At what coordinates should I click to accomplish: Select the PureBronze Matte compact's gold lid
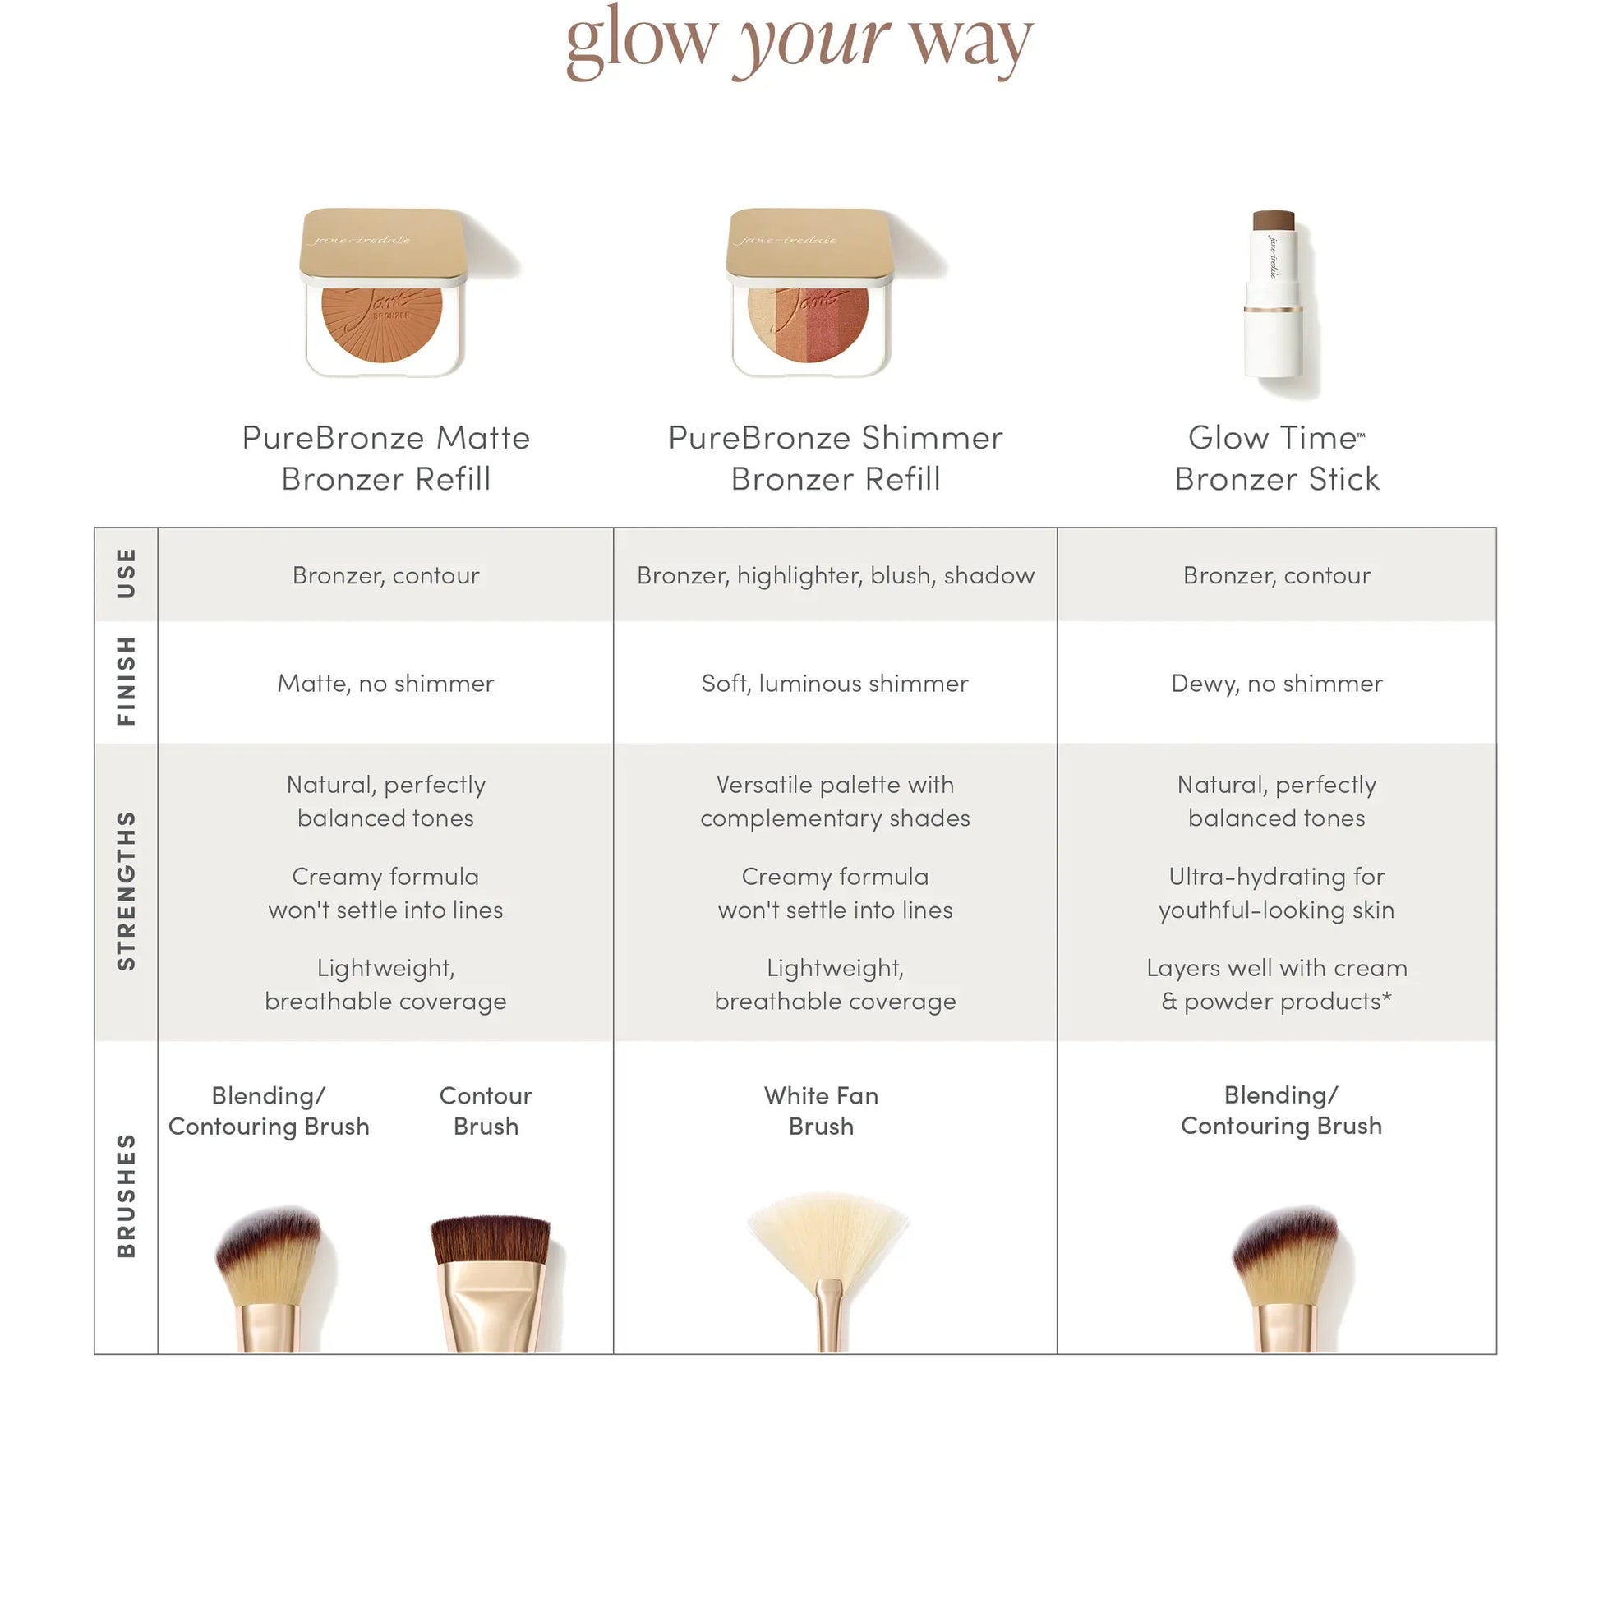click(381, 244)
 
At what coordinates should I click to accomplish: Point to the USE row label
click(126, 574)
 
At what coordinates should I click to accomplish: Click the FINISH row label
click(126, 681)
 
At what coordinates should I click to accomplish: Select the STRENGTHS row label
click(126, 891)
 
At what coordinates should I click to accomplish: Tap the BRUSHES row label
click(126, 1195)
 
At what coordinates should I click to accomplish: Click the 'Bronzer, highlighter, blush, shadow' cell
click(835, 575)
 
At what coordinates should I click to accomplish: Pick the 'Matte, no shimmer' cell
click(385, 683)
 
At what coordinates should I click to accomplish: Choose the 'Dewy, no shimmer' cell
click(1276, 683)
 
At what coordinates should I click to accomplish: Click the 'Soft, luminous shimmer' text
click(834, 683)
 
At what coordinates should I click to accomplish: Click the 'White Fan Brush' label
click(821, 1111)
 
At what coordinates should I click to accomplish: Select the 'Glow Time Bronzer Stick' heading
click(1276, 458)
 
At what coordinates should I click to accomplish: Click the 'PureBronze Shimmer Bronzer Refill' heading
click(835, 458)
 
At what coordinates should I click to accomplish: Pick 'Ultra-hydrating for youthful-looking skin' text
click(1276, 893)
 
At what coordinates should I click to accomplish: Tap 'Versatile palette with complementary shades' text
click(835, 801)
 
